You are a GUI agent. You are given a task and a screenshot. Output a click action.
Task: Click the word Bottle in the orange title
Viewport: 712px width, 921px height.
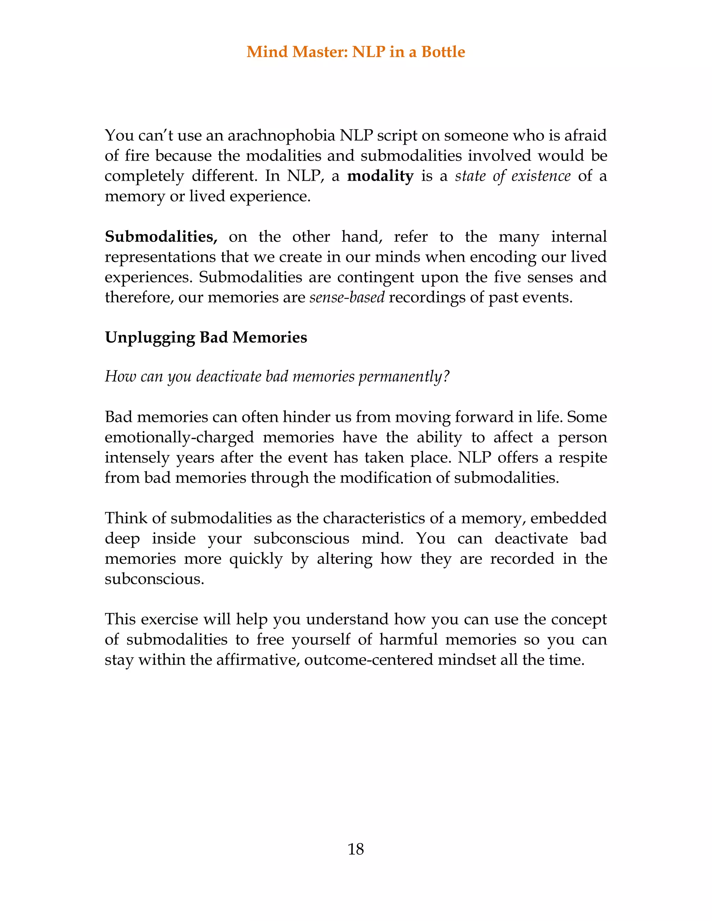point(443,51)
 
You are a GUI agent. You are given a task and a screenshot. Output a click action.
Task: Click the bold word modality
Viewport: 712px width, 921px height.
point(380,176)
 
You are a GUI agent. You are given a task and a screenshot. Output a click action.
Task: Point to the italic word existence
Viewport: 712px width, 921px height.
point(541,176)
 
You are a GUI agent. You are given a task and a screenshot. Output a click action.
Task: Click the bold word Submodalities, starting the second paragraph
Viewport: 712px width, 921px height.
point(161,237)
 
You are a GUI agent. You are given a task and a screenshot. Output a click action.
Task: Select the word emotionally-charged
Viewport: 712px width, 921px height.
point(179,437)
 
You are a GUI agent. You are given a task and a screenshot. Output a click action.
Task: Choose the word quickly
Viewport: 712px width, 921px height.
point(256,559)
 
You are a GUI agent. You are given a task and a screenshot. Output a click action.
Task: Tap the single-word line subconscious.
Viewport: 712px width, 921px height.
point(154,579)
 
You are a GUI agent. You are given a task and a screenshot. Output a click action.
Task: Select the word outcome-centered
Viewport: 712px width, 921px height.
point(368,660)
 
